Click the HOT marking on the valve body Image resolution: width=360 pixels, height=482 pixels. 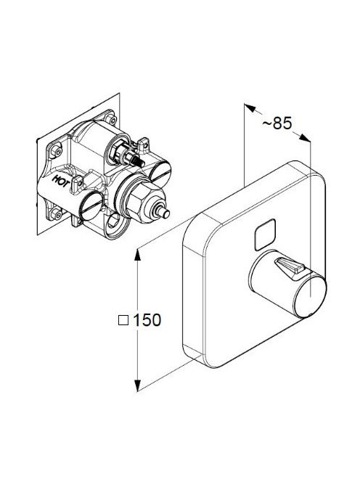[60, 181]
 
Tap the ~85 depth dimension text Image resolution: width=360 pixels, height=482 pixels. [277, 123]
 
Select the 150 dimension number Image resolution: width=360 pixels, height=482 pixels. [147, 320]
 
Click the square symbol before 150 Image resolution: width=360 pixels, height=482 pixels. [123, 320]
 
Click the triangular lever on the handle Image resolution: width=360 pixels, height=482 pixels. [290, 266]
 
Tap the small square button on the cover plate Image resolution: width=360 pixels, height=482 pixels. [265, 234]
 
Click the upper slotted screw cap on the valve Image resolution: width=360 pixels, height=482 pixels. [160, 173]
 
